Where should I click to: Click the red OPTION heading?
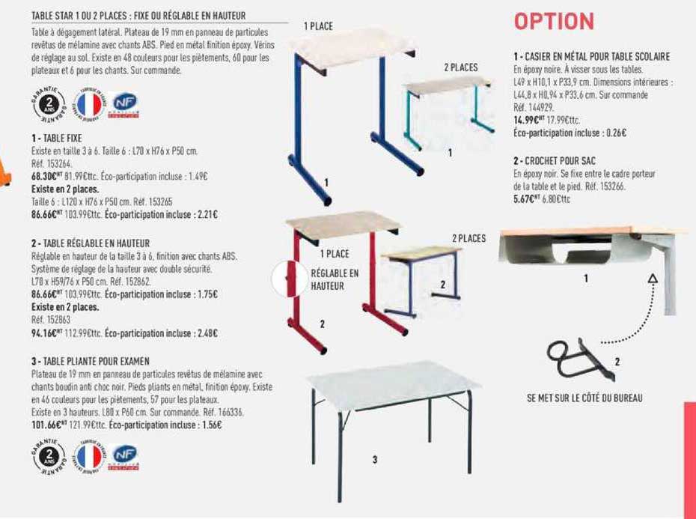click(x=554, y=22)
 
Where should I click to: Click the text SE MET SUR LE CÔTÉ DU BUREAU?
click(x=584, y=398)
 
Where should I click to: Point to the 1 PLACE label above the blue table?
click(x=318, y=26)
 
